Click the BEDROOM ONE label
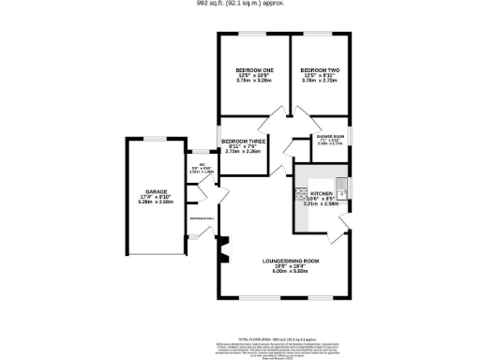pos(254,70)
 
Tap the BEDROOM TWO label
pos(319,70)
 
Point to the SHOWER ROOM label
pos(331,136)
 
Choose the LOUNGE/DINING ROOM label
pos(291,260)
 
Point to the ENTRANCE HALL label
pos(202,217)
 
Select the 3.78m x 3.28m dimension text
pos(254,82)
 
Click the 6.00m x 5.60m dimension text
pos(291,271)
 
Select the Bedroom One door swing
pos(265,126)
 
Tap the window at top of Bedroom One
pos(254,34)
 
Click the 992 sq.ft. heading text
pos(239,4)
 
